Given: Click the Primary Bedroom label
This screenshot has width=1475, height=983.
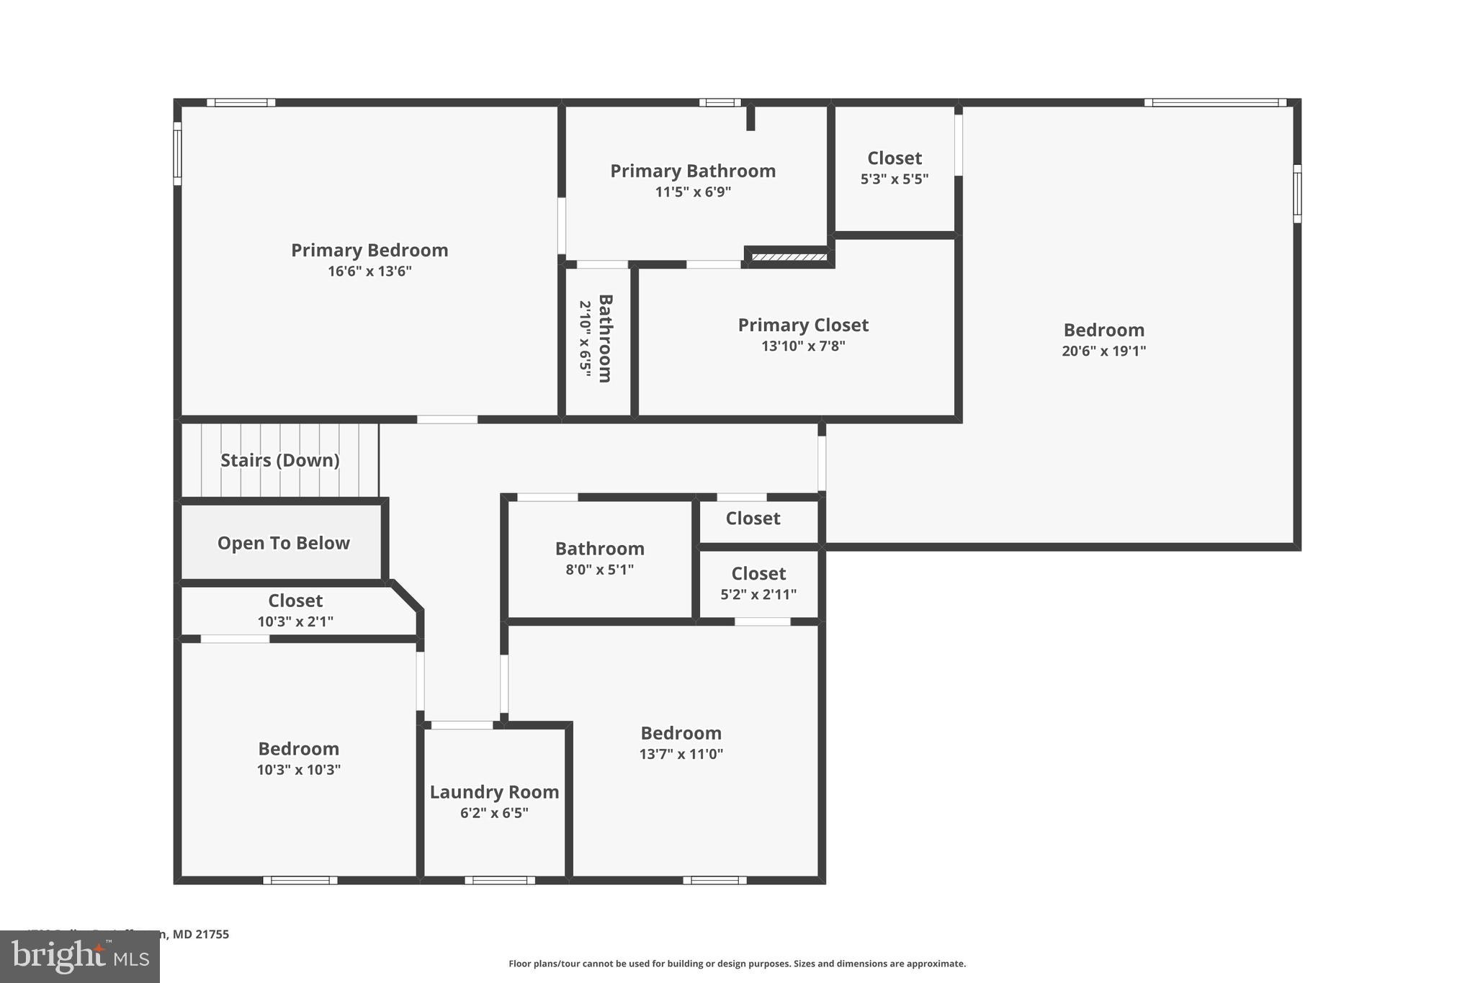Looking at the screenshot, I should [369, 251].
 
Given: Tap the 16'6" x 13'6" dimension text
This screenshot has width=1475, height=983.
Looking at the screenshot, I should [369, 271].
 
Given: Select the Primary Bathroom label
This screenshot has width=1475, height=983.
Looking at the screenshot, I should [693, 171].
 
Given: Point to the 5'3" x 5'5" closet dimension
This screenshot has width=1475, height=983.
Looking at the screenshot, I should [895, 179].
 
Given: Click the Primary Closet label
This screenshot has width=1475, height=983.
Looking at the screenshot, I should [803, 326].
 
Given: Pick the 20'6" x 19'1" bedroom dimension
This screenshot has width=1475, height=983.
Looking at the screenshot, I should [1103, 351].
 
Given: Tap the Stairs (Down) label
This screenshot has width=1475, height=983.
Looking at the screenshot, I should [279, 461].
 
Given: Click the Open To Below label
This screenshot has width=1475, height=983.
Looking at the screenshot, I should [283, 544].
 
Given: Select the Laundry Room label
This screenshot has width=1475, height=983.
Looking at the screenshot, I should [494, 792].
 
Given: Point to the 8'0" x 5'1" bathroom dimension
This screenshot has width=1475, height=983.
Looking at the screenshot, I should [599, 570].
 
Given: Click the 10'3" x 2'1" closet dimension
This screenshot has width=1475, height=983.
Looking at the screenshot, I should [295, 621].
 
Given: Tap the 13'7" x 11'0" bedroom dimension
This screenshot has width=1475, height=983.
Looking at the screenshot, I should [681, 754].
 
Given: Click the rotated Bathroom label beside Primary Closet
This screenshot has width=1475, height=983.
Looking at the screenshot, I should [605, 338].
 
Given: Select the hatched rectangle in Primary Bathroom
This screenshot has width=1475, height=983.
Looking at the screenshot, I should [789, 257].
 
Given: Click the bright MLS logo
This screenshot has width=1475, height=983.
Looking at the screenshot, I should [80, 957].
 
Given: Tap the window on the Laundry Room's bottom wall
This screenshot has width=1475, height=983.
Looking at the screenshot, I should [500, 880].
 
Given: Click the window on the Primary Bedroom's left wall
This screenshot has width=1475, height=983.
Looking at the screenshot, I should [177, 153].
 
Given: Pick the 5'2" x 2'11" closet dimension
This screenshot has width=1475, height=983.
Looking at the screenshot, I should [758, 595].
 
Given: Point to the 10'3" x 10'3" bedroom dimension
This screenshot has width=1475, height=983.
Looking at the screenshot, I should [298, 770].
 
